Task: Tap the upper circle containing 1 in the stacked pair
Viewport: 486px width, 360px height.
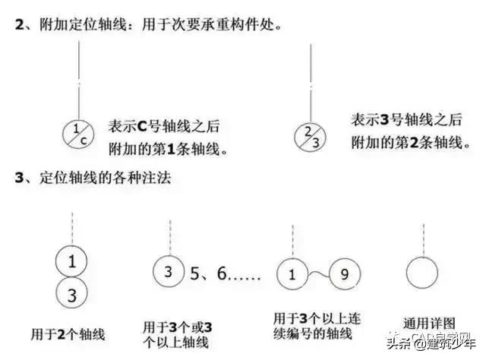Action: tap(71, 263)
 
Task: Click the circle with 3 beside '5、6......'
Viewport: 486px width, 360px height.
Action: tap(169, 271)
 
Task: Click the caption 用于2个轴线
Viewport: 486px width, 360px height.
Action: tap(67, 333)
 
